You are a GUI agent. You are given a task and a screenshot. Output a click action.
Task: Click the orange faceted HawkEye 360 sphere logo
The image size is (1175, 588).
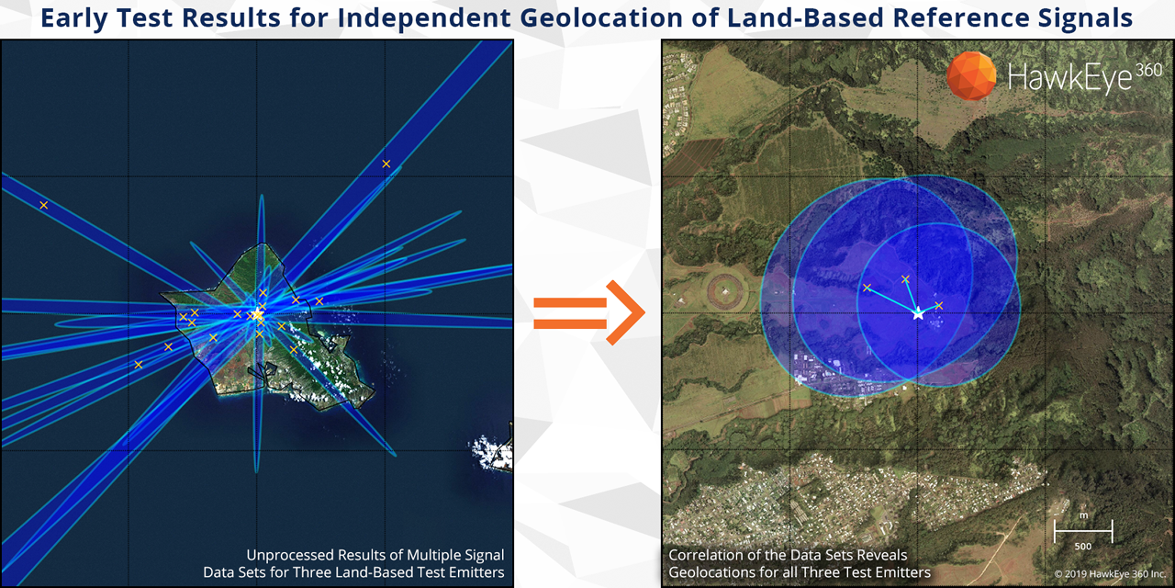click(x=971, y=75)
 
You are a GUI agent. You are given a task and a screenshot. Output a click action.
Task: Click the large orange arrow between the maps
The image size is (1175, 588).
click(x=588, y=312)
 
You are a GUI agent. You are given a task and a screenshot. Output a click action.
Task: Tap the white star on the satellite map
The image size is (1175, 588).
click(x=918, y=314)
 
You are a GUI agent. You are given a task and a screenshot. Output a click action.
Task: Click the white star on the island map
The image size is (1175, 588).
click(x=257, y=314)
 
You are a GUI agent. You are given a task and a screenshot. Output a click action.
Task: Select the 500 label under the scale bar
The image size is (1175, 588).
click(x=1082, y=547)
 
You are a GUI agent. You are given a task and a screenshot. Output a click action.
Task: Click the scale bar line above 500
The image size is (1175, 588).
click(x=1083, y=531)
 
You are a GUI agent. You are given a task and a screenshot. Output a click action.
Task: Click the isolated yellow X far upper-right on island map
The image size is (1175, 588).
click(x=386, y=164)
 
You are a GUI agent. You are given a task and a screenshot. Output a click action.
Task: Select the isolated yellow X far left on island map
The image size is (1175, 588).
click(x=44, y=205)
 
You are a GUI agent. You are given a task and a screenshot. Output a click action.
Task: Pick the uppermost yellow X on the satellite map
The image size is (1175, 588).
click(x=905, y=279)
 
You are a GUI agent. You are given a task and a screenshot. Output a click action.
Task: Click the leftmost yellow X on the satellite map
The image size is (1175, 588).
click(x=867, y=288)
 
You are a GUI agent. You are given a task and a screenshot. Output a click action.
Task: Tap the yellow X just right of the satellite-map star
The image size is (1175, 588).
click(x=939, y=306)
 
